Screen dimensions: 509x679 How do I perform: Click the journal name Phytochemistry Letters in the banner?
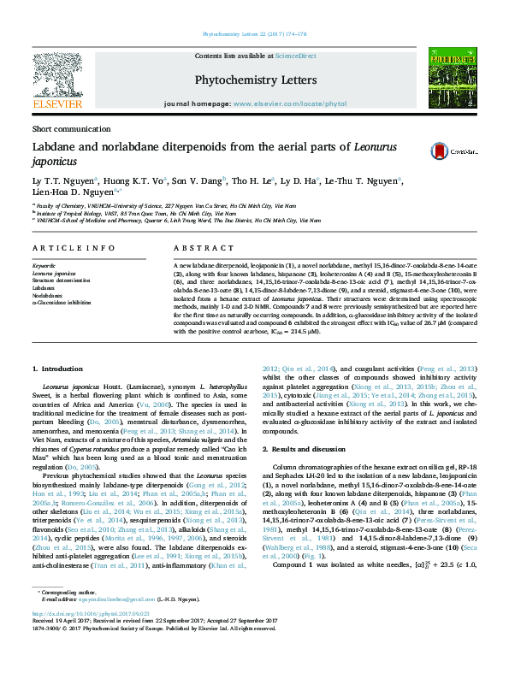click(256, 80)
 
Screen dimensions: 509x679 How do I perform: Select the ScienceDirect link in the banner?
click(295, 56)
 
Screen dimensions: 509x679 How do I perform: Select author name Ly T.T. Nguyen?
click(62, 180)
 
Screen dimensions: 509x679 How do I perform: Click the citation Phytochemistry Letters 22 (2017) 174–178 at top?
click(254, 35)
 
